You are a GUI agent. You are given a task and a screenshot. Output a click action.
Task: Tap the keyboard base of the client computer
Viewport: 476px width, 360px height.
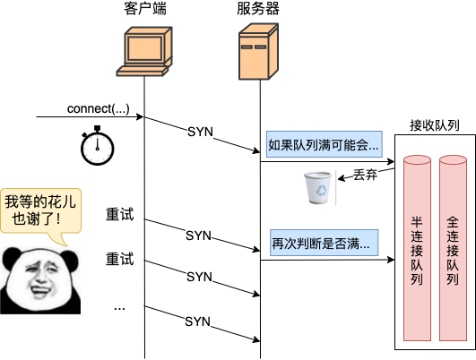click(144, 74)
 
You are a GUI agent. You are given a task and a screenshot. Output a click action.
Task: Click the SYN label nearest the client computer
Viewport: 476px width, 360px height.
click(200, 132)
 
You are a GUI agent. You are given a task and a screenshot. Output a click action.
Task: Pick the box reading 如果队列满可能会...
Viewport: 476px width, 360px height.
click(324, 144)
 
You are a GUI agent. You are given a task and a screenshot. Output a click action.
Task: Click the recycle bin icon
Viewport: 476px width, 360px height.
click(316, 189)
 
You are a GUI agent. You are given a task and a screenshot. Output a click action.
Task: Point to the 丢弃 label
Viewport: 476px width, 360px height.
click(364, 175)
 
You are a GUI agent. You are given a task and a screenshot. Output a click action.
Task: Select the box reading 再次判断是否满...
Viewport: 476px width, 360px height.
click(320, 243)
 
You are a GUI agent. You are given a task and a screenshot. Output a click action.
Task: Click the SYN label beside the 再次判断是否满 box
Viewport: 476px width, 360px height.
click(198, 236)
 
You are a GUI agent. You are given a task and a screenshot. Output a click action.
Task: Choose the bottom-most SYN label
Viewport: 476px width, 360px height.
click(197, 321)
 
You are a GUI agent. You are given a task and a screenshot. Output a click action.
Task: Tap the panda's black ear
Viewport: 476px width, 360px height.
click(13, 258)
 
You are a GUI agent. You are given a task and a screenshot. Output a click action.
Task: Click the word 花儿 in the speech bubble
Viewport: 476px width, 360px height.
click(57, 201)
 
